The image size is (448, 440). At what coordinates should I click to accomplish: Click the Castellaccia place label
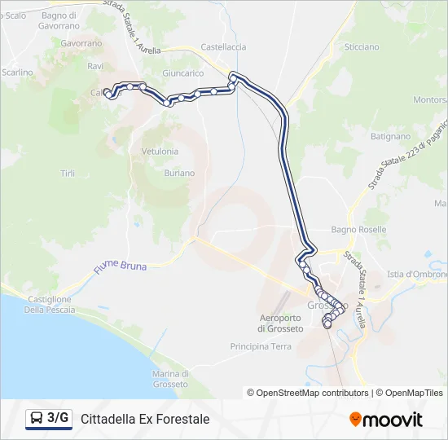click(x=223, y=47)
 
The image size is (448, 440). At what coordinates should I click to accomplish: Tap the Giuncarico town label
click(x=182, y=73)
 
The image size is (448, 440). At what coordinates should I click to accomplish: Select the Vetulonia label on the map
click(x=160, y=152)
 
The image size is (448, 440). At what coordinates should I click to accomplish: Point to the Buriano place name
click(x=178, y=173)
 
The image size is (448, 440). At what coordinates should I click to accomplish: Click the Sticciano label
click(x=362, y=47)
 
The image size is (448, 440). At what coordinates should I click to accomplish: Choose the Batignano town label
click(x=390, y=137)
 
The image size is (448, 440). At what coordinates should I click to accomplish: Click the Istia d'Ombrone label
click(x=417, y=274)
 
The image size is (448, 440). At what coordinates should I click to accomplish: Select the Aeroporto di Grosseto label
click(x=280, y=323)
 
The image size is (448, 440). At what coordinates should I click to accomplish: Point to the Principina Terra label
click(x=261, y=346)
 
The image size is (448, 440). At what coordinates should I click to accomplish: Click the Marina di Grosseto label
click(x=171, y=378)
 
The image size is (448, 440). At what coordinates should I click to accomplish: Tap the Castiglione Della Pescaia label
click(x=48, y=304)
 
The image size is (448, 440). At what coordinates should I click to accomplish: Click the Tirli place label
click(x=68, y=173)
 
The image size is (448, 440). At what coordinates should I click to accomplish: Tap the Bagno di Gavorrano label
click(x=59, y=20)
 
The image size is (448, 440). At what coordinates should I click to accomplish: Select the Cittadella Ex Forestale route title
click(x=145, y=419)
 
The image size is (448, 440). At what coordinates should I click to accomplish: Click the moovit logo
click(x=385, y=419)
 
